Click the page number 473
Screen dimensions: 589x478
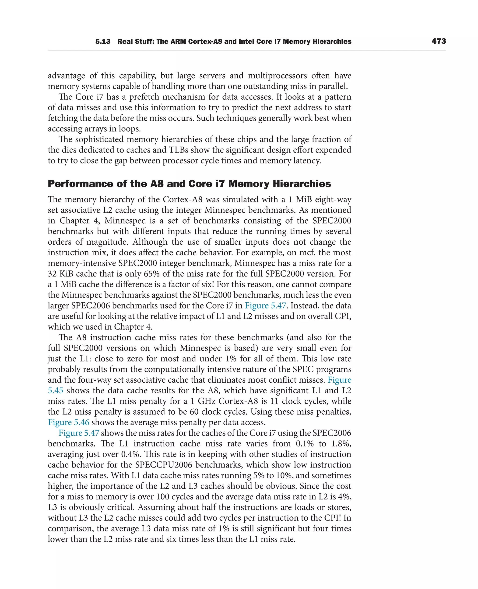pos(439,41)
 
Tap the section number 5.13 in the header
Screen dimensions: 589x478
pos(103,42)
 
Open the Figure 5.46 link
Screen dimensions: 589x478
pos(69,422)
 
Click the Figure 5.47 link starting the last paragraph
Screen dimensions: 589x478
pos(79,433)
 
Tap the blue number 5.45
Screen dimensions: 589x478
pos(55,390)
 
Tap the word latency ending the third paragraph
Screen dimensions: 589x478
pos(306,160)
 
